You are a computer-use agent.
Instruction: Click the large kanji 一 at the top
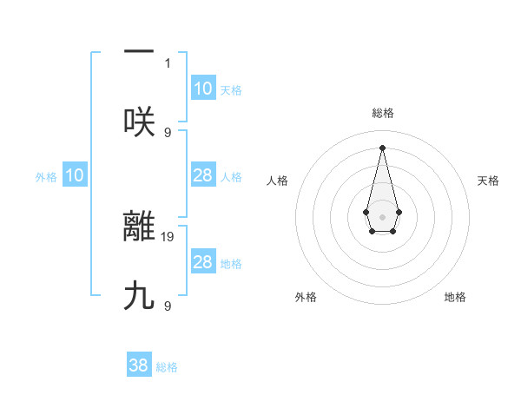[139, 53]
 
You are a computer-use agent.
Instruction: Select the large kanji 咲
[139, 122]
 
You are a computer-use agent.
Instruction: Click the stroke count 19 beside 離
[168, 235]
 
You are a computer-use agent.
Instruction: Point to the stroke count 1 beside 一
[168, 63]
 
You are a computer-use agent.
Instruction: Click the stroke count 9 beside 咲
[168, 132]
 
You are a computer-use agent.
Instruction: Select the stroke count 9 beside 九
[168, 306]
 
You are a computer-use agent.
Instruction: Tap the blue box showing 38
[139, 365]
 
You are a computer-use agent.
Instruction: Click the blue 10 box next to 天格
[203, 89]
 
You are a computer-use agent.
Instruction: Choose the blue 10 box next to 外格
[75, 175]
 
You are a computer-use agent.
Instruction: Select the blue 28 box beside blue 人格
[203, 175]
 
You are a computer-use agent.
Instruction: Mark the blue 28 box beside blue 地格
[203, 262]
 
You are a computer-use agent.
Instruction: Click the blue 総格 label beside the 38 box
[167, 367]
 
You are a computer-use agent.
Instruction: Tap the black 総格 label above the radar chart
[383, 113]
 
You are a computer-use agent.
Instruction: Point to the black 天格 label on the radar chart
[489, 181]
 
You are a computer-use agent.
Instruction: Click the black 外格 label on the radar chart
[306, 297]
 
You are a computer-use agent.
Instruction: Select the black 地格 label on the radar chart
[455, 297]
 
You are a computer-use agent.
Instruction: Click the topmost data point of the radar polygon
[382, 148]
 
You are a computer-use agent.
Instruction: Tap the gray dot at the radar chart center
[382, 215]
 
